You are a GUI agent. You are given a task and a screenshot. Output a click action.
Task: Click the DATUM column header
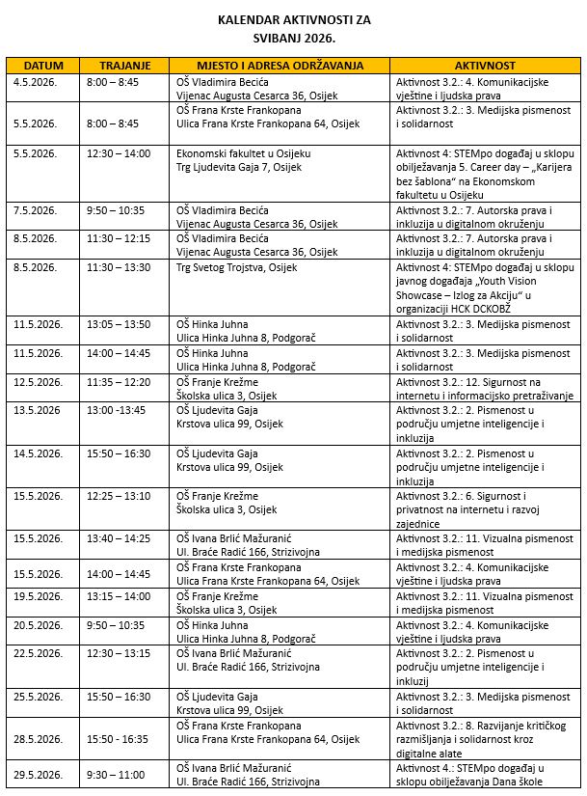pos(42,66)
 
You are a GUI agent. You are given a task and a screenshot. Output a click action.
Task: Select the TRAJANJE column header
pos(125,66)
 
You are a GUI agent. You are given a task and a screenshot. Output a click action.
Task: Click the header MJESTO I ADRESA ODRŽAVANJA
pos(280,66)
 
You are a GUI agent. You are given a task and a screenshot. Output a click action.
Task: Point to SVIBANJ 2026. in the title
pos(294,37)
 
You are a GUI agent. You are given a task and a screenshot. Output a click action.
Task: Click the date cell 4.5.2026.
pos(36,82)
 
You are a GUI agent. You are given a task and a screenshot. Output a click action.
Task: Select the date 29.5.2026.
pos(39,775)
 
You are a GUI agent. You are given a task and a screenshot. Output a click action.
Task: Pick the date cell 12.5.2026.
pos(39,383)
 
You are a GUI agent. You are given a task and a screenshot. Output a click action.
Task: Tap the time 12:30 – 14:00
pos(119,153)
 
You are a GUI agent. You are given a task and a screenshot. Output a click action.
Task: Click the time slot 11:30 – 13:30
pos(119,267)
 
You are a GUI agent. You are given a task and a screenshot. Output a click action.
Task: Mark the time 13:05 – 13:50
pos(119,324)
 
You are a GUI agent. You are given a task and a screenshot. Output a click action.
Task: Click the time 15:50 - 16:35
pos(119,738)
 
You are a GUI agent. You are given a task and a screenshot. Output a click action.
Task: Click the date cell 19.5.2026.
pos(39,596)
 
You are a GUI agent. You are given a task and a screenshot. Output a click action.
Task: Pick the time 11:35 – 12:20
pos(119,383)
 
